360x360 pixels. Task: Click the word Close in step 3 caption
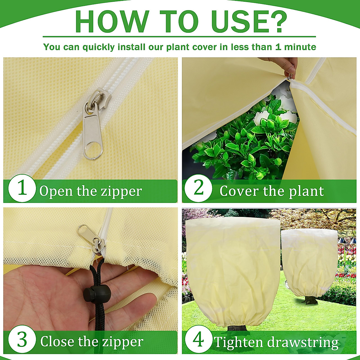click(x=57, y=341)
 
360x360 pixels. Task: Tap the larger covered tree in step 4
click(x=232, y=270)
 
